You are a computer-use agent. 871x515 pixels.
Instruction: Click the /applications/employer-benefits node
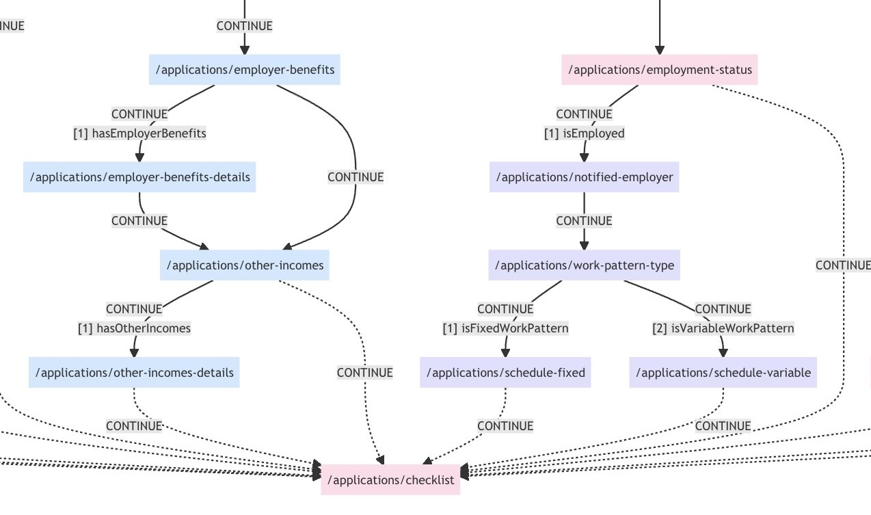(x=245, y=70)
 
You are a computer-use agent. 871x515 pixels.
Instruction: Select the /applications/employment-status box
(x=660, y=70)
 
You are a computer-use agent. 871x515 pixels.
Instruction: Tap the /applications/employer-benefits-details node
(x=139, y=177)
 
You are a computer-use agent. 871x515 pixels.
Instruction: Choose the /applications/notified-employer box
(x=584, y=177)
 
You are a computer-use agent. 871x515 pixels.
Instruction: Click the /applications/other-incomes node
(x=245, y=265)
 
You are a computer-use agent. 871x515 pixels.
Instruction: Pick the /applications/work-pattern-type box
(x=584, y=265)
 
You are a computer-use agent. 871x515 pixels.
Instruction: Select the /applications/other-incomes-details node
(x=134, y=373)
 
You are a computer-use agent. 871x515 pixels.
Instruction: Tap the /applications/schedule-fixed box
(x=505, y=373)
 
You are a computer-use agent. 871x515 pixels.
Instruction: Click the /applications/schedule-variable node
(x=723, y=373)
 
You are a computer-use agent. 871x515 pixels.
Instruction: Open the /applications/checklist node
(x=390, y=480)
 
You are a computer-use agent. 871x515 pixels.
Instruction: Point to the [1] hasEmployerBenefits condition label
(x=139, y=133)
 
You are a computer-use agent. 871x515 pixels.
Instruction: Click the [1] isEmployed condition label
(x=584, y=133)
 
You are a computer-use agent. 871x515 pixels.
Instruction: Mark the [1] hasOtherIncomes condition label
(x=134, y=328)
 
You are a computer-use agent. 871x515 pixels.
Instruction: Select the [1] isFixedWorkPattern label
(x=505, y=328)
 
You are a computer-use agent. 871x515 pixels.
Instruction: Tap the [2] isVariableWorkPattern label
(x=723, y=328)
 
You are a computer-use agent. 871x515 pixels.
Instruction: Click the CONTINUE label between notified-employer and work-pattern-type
(x=584, y=221)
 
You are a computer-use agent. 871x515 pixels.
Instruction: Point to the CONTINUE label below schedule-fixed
(x=505, y=426)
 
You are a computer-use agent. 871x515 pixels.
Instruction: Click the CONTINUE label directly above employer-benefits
(x=245, y=26)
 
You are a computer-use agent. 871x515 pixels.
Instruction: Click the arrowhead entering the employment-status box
(x=660, y=50)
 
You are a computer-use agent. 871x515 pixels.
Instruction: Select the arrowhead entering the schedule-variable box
(x=723, y=352)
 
